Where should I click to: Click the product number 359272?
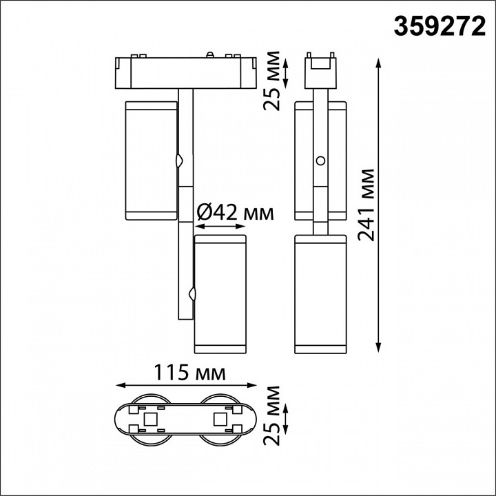(x=438, y=25)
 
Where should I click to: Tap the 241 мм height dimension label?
(x=367, y=204)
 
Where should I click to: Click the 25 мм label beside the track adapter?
(x=273, y=81)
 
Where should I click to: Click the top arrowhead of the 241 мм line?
(x=379, y=62)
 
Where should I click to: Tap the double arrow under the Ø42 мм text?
(x=220, y=226)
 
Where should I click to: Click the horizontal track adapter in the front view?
(x=185, y=72)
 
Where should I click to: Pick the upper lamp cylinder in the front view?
(x=151, y=160)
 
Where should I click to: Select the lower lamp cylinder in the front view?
(x=220, y=293)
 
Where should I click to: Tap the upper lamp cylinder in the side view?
(x=320, y=160)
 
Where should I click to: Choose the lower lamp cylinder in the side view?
(x=320, y=293)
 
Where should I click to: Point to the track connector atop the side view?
(x=320, y=63)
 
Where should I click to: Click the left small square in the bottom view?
(x=149, y=417)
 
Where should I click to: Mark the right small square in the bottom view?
(x=220, y=417)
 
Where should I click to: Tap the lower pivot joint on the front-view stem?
(x=192, y=294)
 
